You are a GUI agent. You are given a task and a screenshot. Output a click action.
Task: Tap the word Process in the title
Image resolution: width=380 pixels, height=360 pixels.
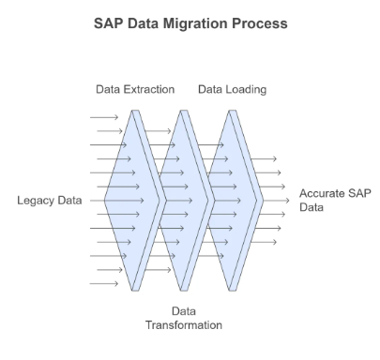click(260, 23)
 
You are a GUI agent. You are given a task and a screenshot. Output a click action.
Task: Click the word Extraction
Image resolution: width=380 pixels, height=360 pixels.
click(149, 89)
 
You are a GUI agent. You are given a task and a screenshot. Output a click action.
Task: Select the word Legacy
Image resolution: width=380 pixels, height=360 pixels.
click(34, 201)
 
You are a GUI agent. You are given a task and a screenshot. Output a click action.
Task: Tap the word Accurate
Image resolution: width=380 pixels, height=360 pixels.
click(322, 193)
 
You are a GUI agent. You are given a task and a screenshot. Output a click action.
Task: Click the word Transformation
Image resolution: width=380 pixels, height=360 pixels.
click(184, 325)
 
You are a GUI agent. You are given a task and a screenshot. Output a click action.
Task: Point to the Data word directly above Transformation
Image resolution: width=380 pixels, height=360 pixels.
click(184, 311)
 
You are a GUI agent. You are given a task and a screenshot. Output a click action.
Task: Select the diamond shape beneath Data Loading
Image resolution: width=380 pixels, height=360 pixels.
click(233, 201)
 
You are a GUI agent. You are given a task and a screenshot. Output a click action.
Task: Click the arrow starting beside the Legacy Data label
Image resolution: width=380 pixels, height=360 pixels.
click(117, 201)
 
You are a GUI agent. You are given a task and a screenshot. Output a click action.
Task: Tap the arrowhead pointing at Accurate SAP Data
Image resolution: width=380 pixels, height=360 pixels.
click(287, 201)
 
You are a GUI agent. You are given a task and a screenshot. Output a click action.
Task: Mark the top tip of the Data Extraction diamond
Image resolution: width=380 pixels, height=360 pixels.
click(135, 111)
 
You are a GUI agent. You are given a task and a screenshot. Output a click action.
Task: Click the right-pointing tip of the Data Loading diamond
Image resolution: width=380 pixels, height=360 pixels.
click(264, 201)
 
